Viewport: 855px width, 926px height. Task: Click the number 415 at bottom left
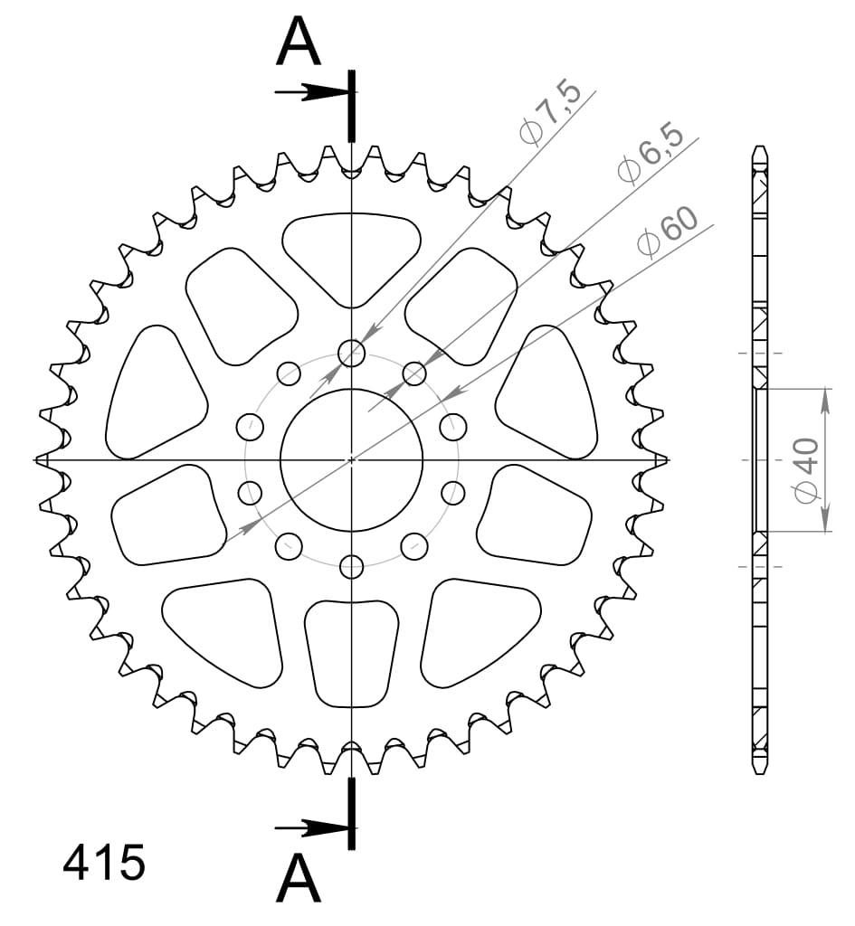(x=103, y=864)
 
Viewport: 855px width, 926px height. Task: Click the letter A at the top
(x=299, y=43)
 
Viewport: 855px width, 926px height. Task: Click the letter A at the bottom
(x=299, y=879)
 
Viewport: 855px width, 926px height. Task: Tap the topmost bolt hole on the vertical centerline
(x=351, y=353)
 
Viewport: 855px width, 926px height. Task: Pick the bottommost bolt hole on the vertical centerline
(x=351, y=567)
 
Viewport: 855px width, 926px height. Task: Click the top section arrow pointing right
(x=308, y=92)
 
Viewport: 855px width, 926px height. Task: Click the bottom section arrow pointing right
(x=308, y=827)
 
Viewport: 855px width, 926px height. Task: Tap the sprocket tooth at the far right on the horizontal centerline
(x=659, y=460)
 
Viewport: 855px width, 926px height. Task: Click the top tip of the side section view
(x=760, y=150)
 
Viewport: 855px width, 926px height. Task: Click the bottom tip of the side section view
(x=760, y=770)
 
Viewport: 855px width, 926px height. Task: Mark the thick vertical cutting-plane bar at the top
(x=351, y=106)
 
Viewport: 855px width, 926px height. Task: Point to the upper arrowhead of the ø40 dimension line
(x=824, y=399)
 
